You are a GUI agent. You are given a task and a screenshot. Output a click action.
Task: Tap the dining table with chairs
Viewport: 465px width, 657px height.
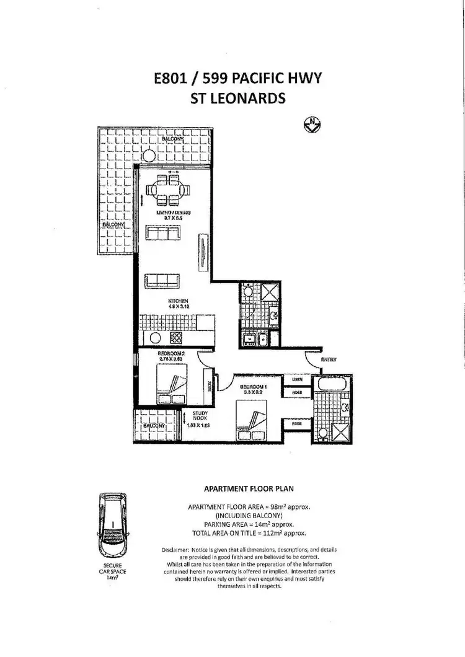click(168, 189)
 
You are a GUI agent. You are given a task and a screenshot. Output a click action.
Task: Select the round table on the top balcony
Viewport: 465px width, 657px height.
click(148, 156)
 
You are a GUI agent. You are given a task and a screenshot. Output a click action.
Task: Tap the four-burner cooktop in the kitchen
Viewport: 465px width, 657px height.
click(175, 338)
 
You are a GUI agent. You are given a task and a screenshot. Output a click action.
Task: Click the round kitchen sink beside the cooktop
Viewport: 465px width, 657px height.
click(156, 338)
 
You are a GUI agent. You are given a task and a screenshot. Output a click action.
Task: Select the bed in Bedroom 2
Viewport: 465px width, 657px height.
click(171, 387)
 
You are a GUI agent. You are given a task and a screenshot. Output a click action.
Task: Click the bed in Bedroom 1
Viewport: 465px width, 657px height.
click(252, 422)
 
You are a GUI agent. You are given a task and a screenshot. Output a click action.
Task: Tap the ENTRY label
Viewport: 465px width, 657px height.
click(329, 359)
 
